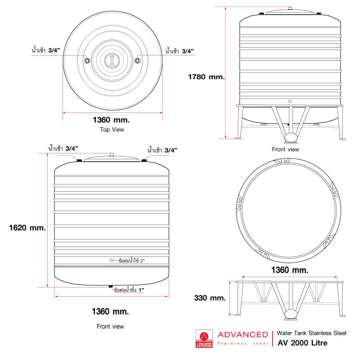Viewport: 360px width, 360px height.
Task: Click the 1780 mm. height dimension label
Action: click(206, 76)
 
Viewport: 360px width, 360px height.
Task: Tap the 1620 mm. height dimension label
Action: click(27, 228)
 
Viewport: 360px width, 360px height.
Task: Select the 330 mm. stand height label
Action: click(210, 298)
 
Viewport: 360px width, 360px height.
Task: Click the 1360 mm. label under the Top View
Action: click(111, 120)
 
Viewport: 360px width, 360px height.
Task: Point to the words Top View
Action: click(112, 130)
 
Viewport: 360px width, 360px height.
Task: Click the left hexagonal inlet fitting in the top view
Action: click(87, 61)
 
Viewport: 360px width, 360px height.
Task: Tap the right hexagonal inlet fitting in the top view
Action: click(137, 61)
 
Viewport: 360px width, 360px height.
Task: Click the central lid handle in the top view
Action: click(112, 61)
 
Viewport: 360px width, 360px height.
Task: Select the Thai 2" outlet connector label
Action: click(131, 261)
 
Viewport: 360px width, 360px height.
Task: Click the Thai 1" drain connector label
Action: click(129, 290)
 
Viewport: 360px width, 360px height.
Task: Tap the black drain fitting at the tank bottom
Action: click(111, 286)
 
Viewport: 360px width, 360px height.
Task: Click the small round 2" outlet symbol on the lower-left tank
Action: click(111, 261)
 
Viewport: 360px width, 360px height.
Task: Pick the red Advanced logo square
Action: click(204, 339)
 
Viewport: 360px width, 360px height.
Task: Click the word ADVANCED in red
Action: click(243, 335)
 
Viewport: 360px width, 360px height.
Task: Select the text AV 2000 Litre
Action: click(302, 343)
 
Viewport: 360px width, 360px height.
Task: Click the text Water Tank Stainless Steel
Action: click(311, 333)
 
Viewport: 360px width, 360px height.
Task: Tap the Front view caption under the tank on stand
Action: click(286, 149)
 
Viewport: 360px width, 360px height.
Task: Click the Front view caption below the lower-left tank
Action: click(110, 327)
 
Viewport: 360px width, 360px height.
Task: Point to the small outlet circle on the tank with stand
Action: click(290, 102)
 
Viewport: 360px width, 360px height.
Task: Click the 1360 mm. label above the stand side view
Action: click(290, 270)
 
